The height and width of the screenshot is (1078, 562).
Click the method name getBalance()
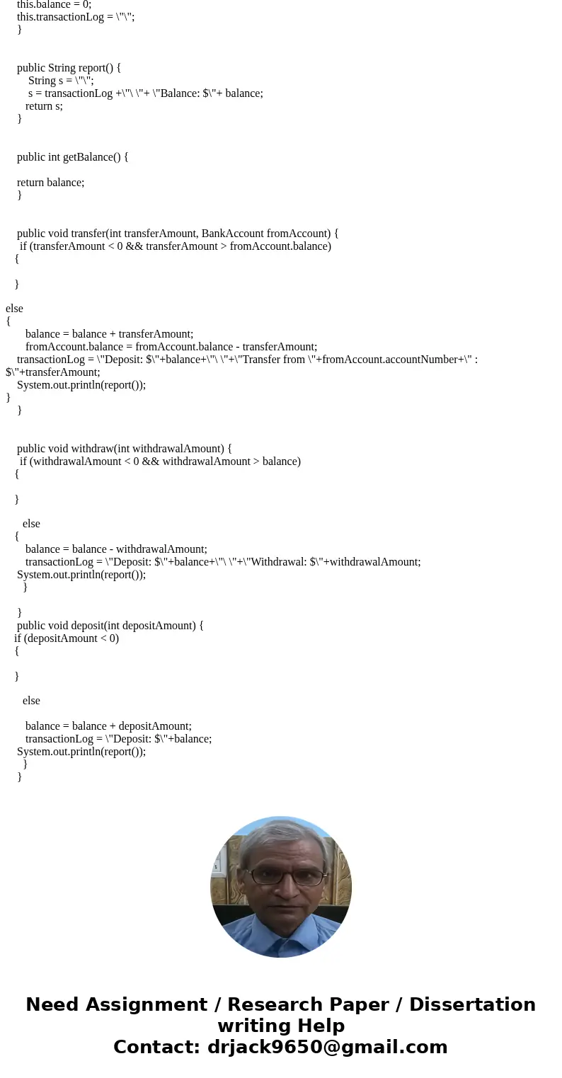click(95, 157)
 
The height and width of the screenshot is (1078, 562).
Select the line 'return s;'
click(44, 106)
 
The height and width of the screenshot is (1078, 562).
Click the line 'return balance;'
click(50, 183)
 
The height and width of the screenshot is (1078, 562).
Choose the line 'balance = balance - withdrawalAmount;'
click(116, 549)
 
